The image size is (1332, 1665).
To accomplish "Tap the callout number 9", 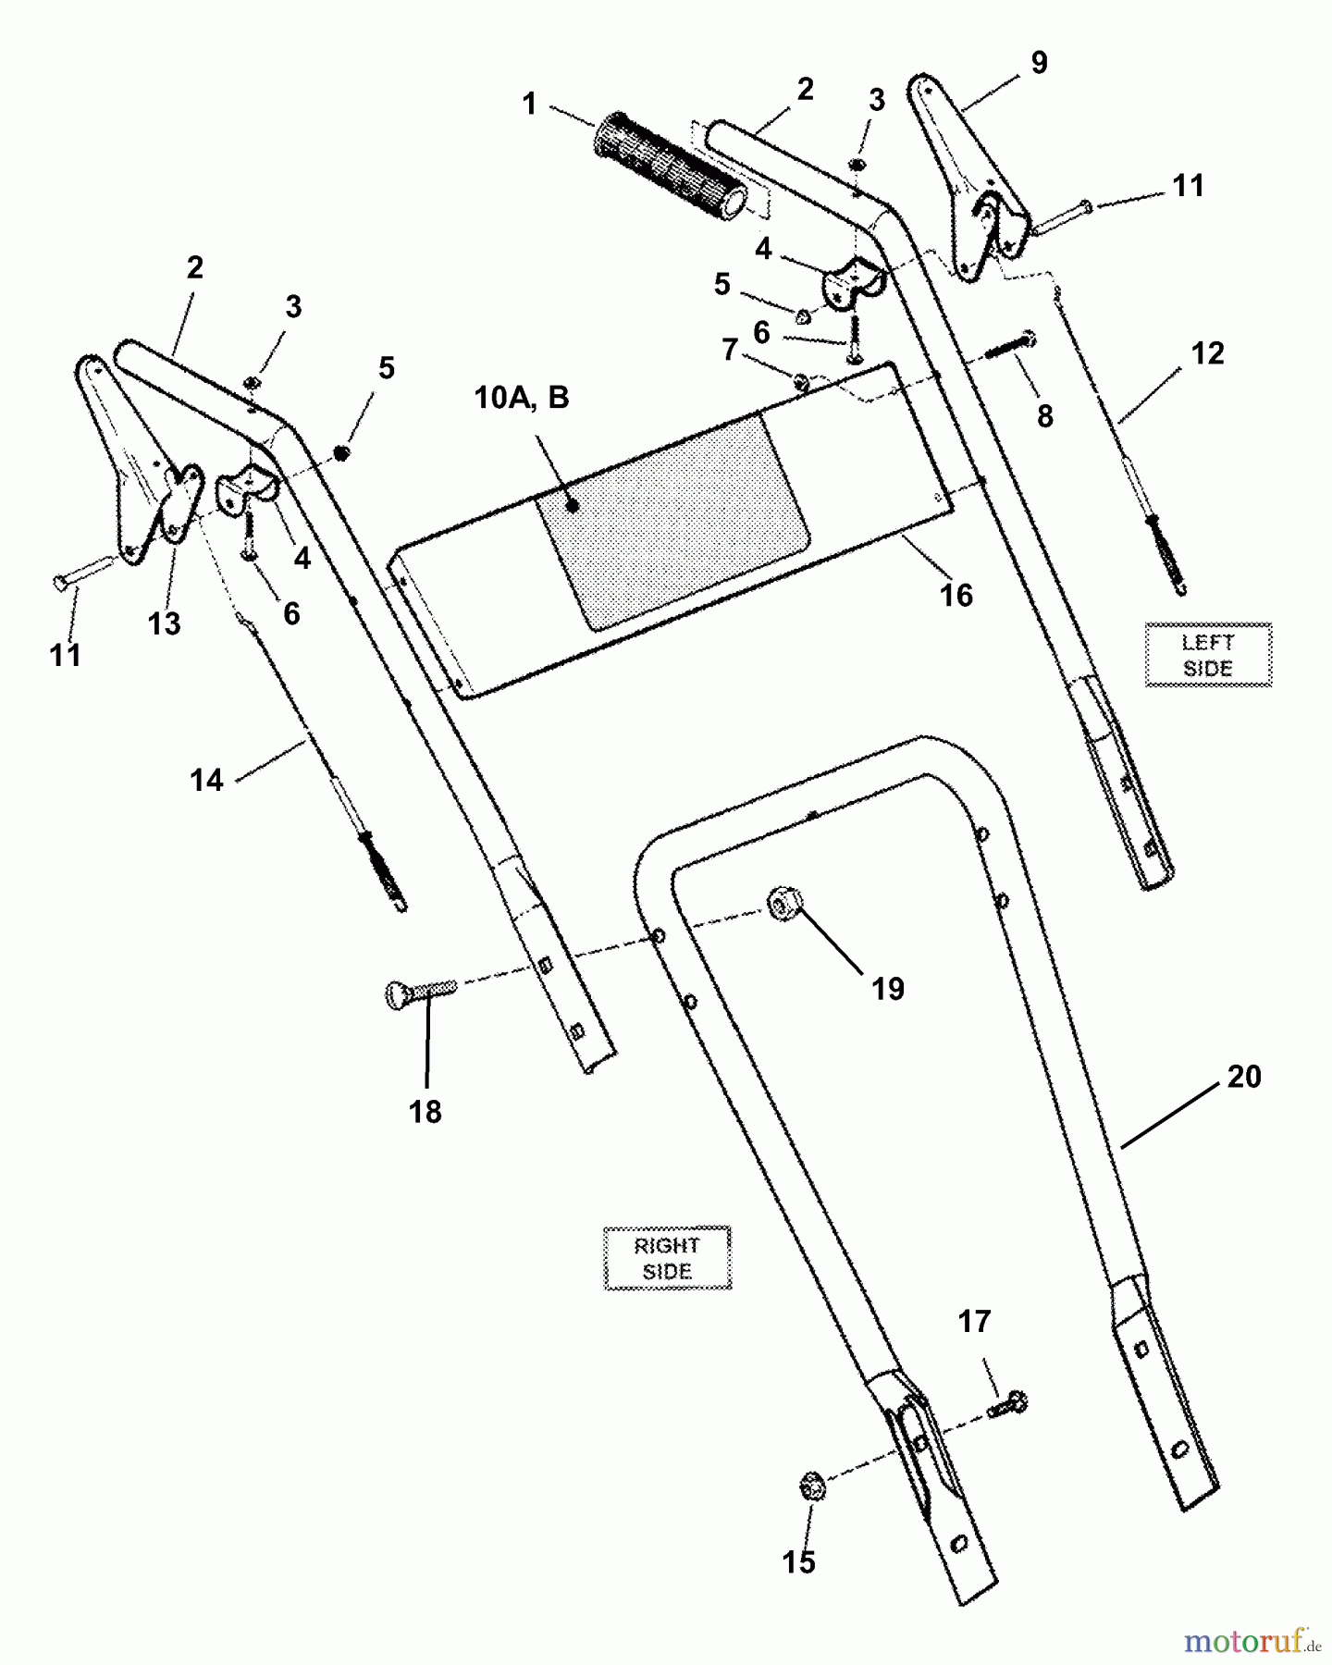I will [1039, 63].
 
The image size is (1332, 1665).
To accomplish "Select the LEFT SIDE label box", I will [1208, 655].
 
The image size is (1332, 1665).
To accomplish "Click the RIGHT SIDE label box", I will [667, 1258].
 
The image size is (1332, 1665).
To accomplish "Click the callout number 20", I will [1244, 1077].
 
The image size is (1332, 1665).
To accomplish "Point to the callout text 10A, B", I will [521, 398].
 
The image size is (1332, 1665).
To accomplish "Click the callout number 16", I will [956, 595].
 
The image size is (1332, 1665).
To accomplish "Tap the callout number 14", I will [206, 781].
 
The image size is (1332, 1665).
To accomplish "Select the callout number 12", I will [1207, 353].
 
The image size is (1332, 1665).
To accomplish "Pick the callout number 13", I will [164, 624].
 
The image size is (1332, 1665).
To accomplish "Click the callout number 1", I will [529, 103].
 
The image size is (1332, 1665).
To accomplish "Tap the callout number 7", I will [730, 351].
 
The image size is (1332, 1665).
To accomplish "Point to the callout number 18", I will [425, 1111].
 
